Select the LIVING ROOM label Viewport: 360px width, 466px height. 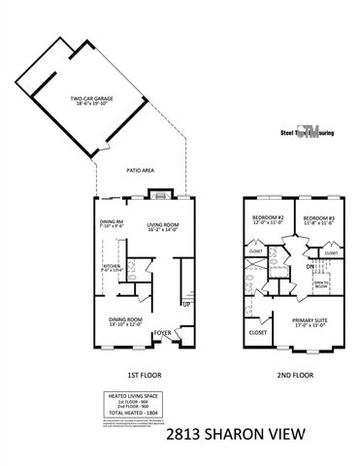160,226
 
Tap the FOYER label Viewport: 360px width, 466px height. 162,331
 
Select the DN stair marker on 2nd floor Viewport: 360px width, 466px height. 309,266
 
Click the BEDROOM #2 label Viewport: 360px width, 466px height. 268,220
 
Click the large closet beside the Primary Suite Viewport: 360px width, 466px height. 258,332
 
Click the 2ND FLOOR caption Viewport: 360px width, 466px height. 291,373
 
